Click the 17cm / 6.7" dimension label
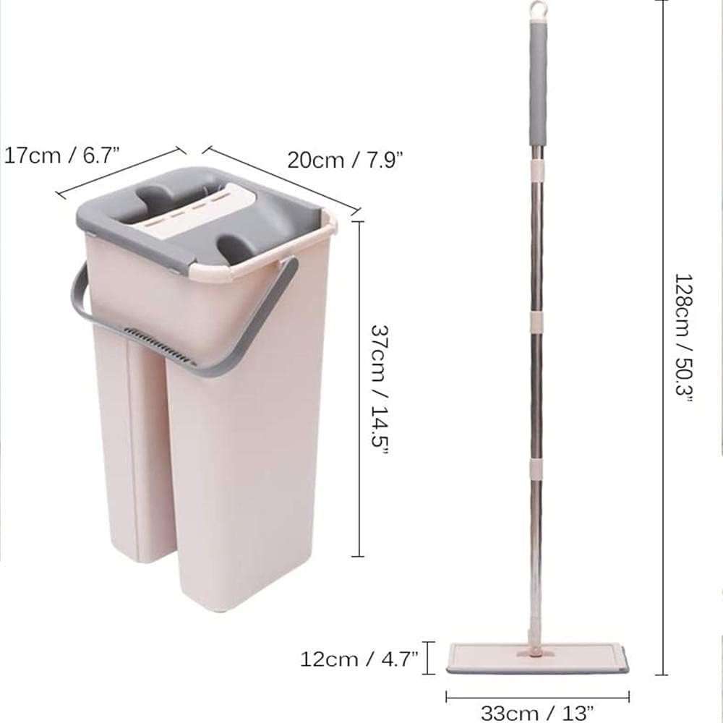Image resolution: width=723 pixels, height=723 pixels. [61, 155]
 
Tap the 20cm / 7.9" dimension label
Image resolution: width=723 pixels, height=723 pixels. [345, 158]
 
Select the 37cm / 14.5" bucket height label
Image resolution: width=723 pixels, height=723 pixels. [380, 388]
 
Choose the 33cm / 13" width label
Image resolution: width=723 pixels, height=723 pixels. [536, 712]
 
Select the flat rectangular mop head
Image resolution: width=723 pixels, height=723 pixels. [536, 659]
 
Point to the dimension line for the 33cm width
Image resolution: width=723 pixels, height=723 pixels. [536, 698]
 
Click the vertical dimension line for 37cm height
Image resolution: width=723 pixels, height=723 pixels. [359, 388]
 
